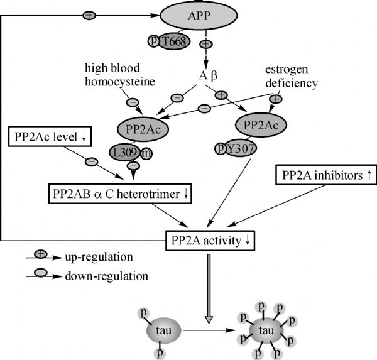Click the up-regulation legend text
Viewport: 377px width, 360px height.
(x=97, y=258)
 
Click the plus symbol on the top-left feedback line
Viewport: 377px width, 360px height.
(x=90, y=14)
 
